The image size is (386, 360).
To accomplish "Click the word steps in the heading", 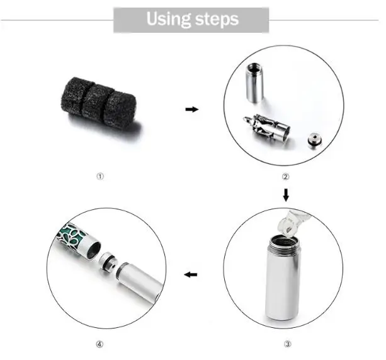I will point(216,20).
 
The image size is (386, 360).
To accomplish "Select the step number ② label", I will point(285,177).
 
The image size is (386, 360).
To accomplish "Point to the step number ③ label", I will point(287,344).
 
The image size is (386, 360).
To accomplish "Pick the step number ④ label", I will point(99,344).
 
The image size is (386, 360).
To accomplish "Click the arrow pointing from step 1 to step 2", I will point(191,109).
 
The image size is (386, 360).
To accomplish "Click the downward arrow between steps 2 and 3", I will point(286,192).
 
